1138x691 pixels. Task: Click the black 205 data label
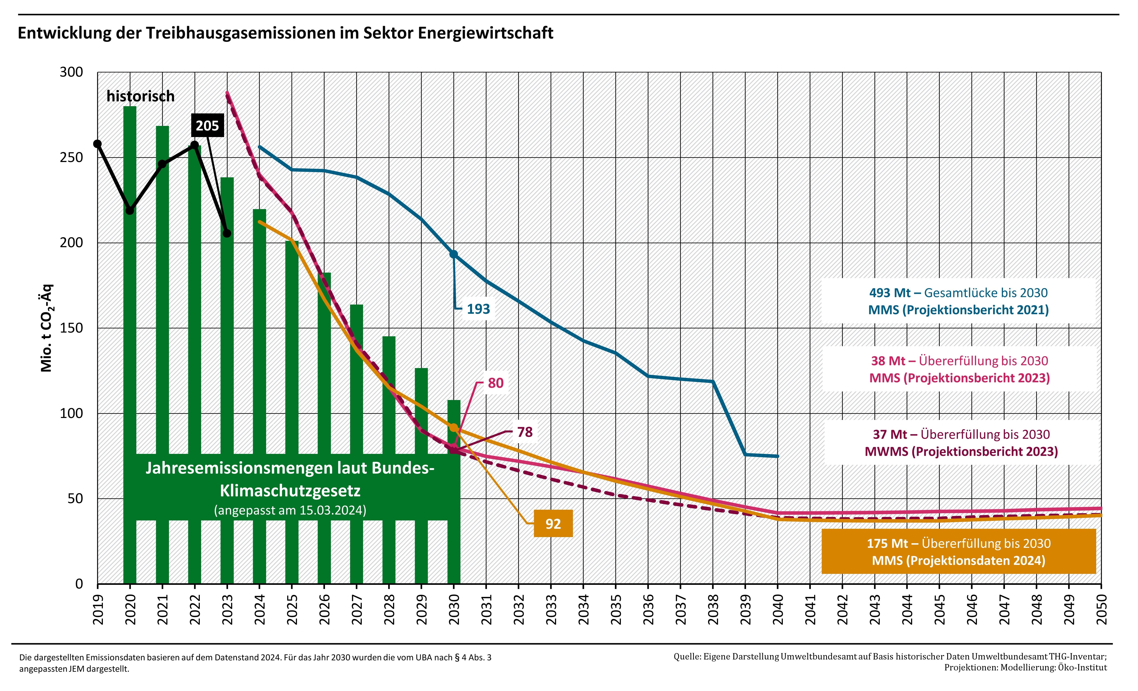207,126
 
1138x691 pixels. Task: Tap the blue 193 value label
478,309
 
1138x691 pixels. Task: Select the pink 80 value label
495,383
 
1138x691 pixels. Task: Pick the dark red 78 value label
525,432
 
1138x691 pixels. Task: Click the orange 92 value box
553,524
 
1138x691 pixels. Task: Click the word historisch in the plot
140,96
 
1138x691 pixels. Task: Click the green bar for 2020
130,277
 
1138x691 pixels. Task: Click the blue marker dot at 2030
453,254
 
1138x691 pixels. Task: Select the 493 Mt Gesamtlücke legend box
958,301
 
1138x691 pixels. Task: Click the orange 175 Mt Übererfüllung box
958,551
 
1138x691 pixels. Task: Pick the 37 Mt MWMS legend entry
961,443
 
